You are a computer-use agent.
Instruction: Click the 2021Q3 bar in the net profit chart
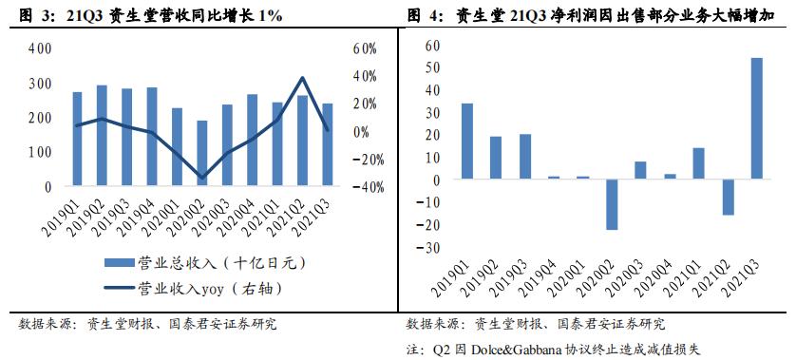[756, 118]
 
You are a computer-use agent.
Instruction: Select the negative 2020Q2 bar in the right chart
[613, 203]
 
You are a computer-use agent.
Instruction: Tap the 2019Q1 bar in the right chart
[467, 141]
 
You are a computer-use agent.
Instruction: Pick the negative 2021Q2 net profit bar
[728, 197]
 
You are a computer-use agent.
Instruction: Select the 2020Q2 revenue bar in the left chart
[201, 153]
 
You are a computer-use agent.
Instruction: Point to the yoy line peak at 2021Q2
[301, 78]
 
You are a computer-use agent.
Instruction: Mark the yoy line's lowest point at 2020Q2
[201, 178]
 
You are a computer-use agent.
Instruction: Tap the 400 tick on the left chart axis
[40, 48]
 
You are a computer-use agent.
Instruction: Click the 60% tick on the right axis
[365, 48]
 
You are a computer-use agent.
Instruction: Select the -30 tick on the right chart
[434, 248]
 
